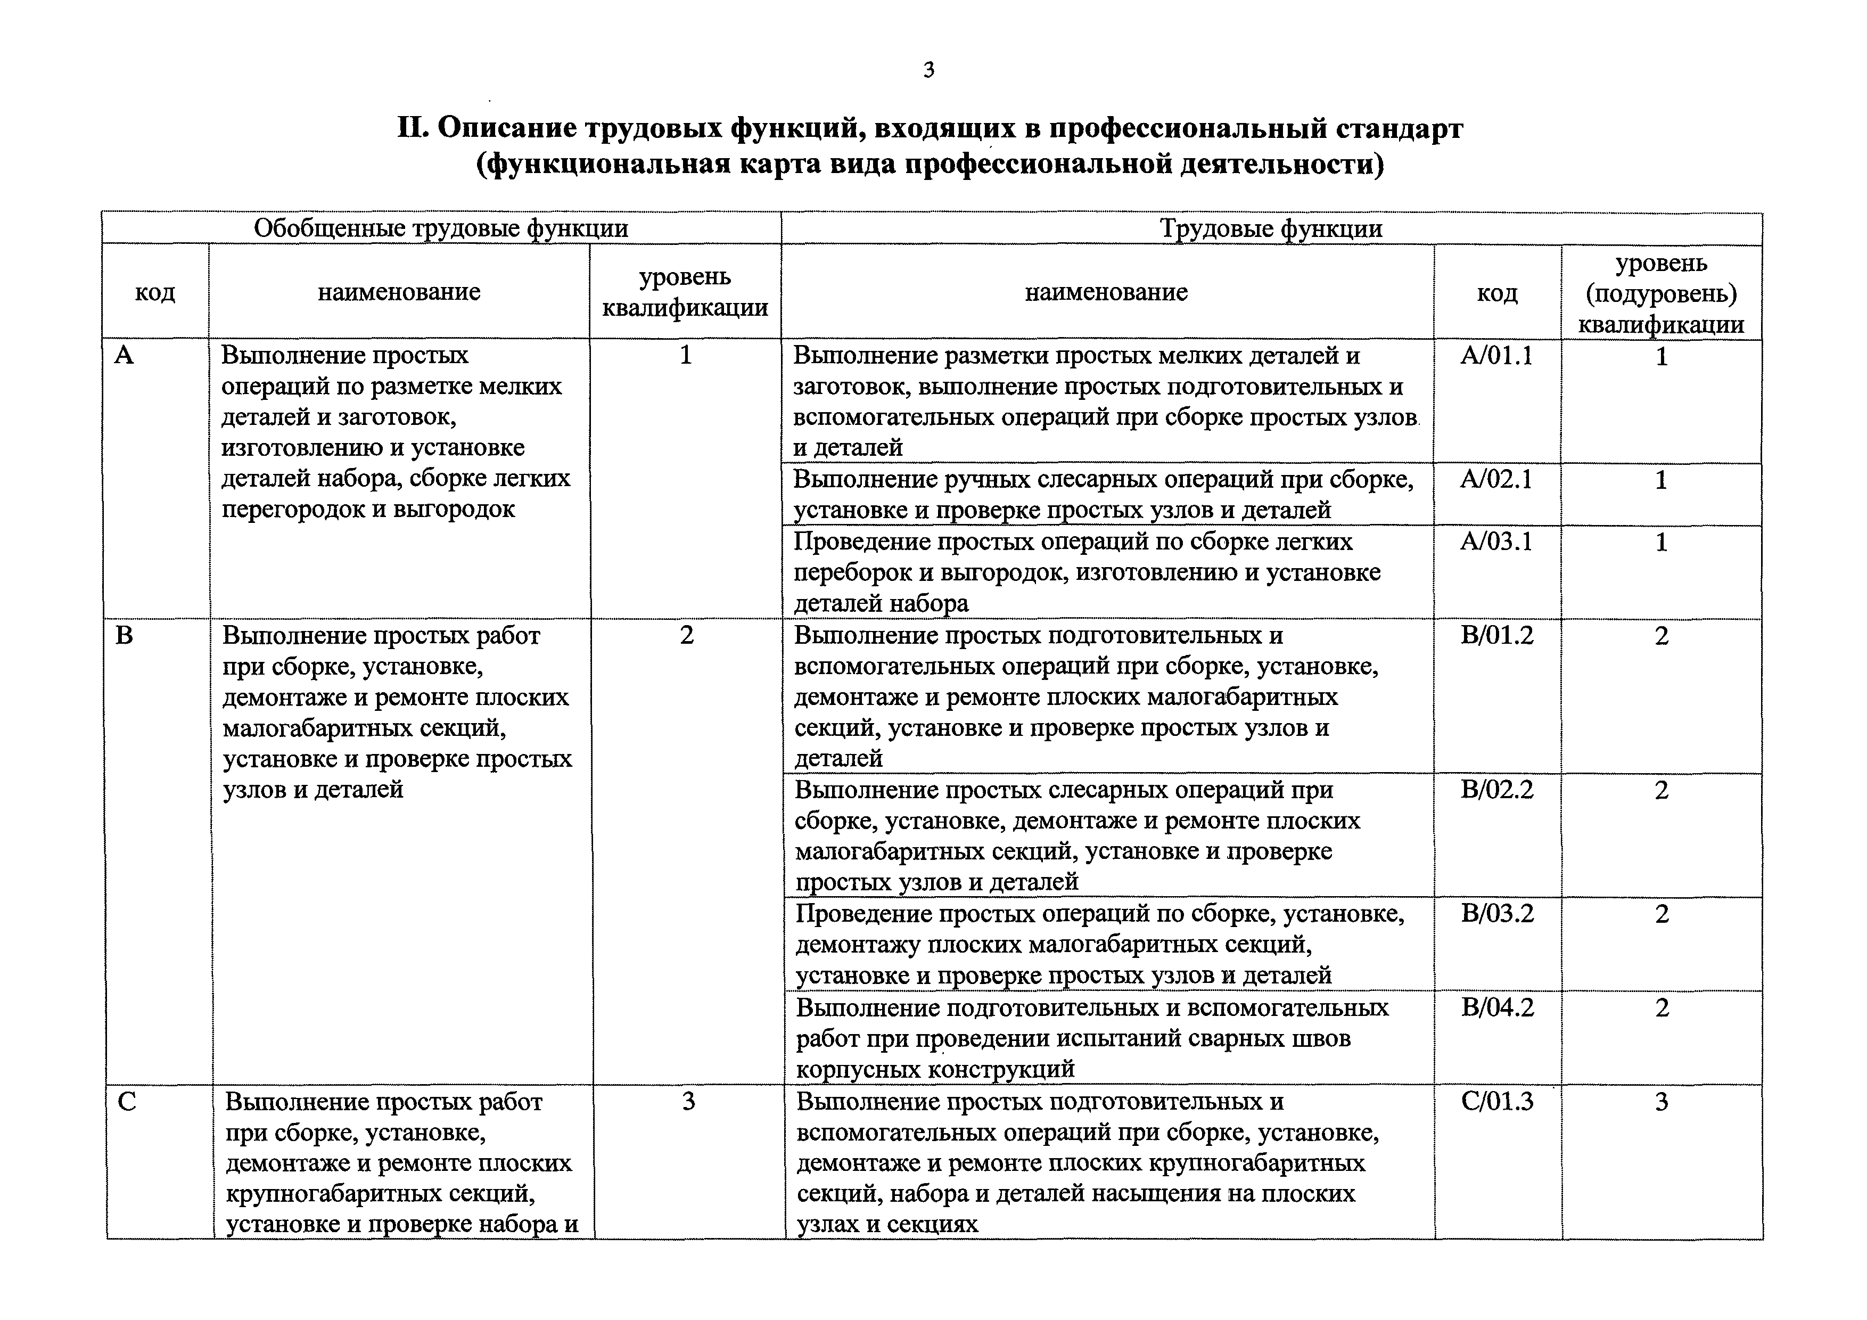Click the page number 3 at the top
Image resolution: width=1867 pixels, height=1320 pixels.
click(928, 71)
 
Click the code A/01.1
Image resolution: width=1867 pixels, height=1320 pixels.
click(1496, 356)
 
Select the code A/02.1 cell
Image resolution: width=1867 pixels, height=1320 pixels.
click(1496, 480)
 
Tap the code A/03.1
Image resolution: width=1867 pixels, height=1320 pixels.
click(1496, 542)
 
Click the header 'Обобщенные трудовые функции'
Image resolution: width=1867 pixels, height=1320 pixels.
click(441, 228)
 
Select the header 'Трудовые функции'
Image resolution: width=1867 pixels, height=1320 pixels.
click(1271, 228)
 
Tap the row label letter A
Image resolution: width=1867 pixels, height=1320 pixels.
click(124, 355)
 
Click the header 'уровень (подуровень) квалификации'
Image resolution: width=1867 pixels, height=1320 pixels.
click(1662, 293)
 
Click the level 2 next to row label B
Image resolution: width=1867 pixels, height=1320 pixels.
click(686, 635)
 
